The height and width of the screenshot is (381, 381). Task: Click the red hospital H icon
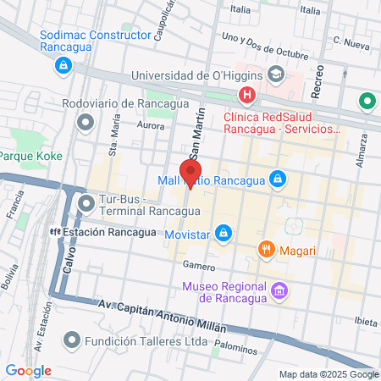click(x=246, y=96)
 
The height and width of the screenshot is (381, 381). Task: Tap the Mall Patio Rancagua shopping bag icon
click(x=276, y=179)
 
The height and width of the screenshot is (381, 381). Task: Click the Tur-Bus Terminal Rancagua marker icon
click(x=86, y=203)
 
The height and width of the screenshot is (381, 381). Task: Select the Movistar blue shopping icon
click(x=223, y=231)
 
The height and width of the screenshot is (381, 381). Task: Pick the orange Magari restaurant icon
click(x=266, y=250)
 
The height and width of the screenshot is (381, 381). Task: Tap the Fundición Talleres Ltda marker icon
click(x=72, y=342)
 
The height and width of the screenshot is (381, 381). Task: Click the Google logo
click(x=28, y=371)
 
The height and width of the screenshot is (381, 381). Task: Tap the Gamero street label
click(x=199, y=265)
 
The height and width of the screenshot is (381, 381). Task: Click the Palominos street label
click(x=236, y=346)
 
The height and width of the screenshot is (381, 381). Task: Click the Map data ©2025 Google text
click(x=329, y=374)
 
